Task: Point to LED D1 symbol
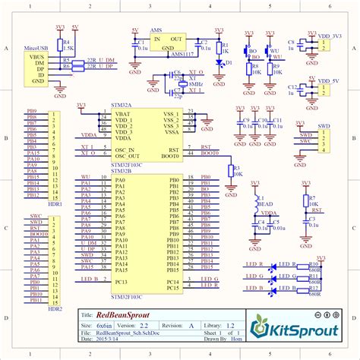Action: tap(219, 62)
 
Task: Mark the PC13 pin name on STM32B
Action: tap(121, 282)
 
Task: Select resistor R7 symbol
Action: tap(310, 201)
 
